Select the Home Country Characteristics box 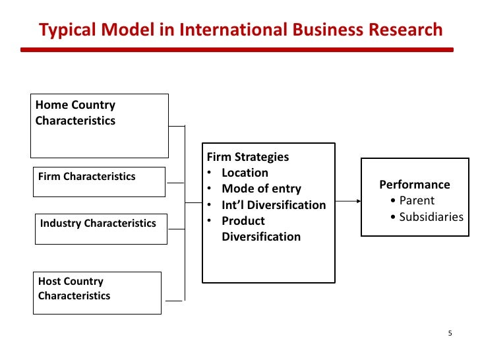click(99, 125)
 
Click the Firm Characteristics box click(99, 181)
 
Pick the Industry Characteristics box click(101, 228)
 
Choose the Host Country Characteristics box click(98, 293)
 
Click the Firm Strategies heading click(248, 157)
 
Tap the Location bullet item click(245, 173)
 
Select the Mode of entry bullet click(261, 189)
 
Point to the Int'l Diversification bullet click(274, 205)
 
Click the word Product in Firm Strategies click(243, 221)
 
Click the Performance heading click(415, 185)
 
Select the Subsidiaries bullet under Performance click(431, 216)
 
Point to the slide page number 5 click(450, 333)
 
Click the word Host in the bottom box click(49, 281)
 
